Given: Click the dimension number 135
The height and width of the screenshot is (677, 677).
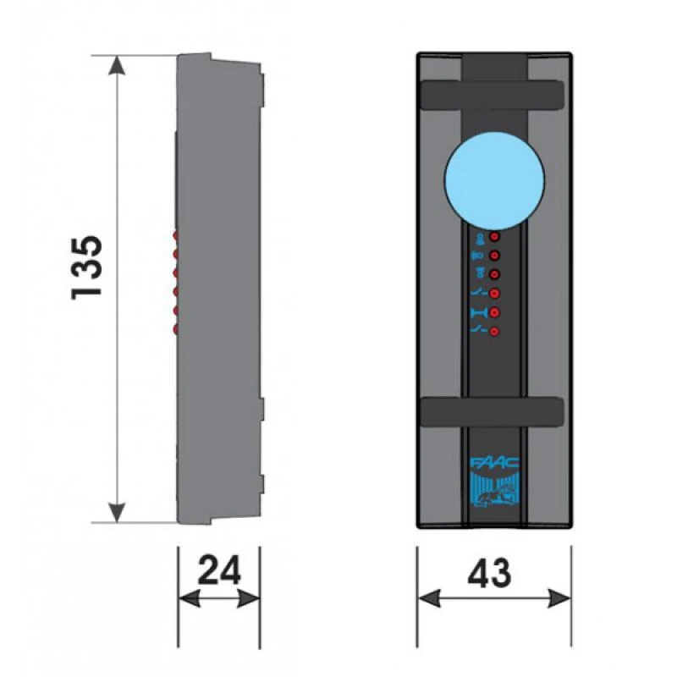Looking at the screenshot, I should click(87, 265).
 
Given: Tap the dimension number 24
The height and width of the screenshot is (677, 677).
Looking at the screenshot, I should click(218, 571).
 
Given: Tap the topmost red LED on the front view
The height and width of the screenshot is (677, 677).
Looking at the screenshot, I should click(494, 239).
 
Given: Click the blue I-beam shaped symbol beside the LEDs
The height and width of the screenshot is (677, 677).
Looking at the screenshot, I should click(477, 313).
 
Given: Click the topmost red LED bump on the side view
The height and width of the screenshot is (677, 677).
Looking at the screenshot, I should click(175, 235).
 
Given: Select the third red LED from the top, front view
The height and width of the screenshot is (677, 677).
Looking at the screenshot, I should click(494, 274).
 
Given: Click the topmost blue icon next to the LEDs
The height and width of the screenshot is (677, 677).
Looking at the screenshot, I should click(478, 238).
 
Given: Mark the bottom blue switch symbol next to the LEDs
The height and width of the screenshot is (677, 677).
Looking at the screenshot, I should click(477, 331).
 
